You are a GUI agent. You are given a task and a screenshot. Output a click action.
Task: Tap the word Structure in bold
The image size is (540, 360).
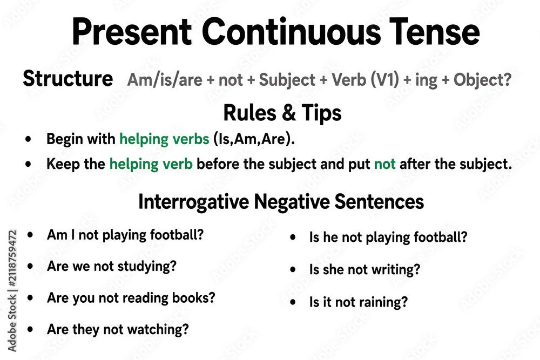click(68, 78)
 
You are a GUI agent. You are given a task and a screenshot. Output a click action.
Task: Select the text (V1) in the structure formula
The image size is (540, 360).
click(384, 80)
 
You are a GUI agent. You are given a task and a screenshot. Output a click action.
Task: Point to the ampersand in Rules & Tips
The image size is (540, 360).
click(288, 113)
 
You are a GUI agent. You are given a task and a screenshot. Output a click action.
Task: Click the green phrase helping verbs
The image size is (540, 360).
click(164, 139)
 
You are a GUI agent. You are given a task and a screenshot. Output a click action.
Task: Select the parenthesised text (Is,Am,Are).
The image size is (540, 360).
click(254, 139)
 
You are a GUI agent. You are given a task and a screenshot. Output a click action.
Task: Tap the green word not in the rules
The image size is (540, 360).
click(384, 164)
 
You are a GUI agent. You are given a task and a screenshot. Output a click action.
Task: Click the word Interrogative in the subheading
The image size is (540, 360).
click(193, 202)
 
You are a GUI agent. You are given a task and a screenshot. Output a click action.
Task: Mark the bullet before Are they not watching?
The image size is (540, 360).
click(30, 329)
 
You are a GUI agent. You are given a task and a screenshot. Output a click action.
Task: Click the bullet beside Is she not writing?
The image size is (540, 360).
click(293, 269)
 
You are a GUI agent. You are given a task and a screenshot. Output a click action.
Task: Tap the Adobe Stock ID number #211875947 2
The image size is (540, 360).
click(12, 259)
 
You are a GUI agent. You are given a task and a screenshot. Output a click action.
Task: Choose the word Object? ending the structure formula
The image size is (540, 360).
click(482, 80)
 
